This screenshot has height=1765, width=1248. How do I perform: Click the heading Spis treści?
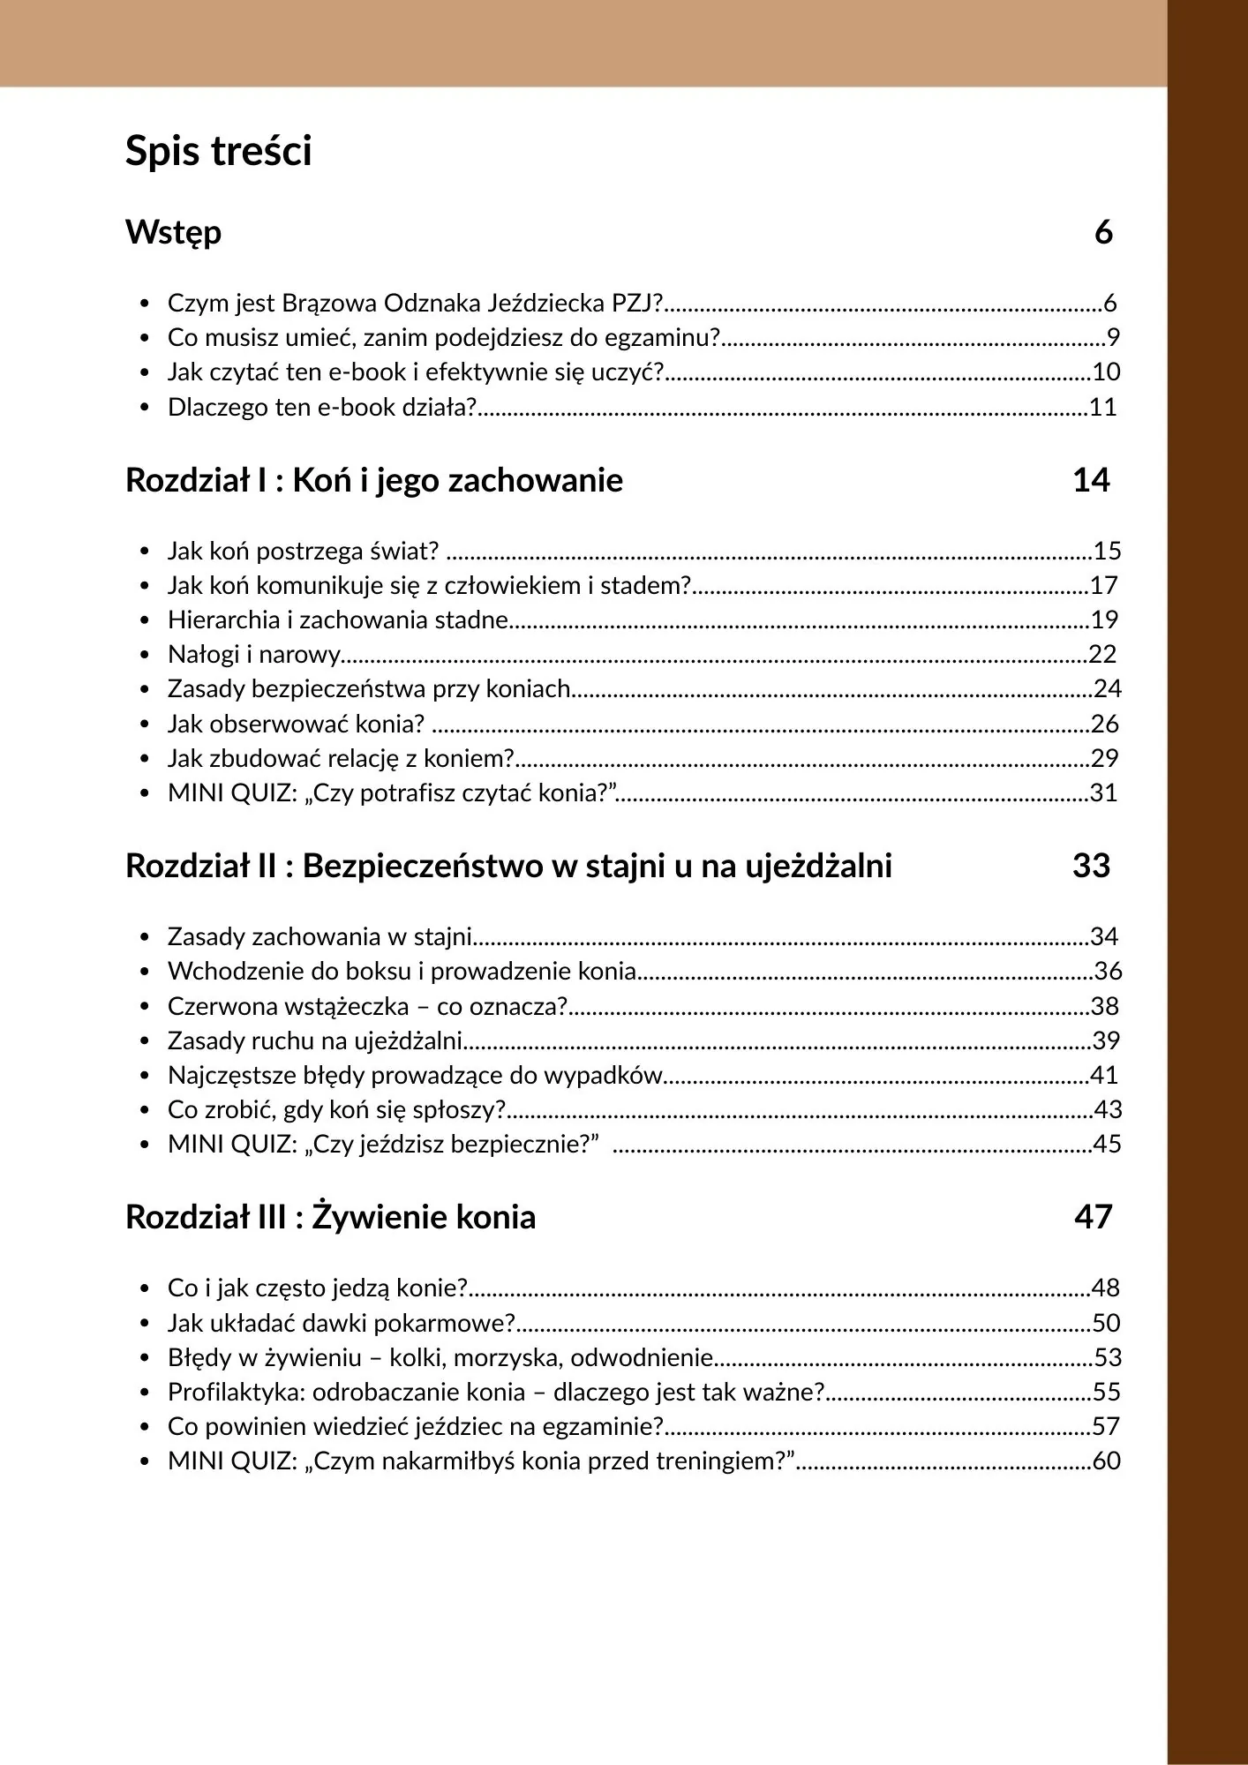pos(218,151)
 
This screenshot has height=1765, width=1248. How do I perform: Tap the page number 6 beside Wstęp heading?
pos(1103,232)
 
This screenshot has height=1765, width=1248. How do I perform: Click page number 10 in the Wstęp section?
pos(1106,372)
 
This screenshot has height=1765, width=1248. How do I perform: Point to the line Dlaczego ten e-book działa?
pos(322,407)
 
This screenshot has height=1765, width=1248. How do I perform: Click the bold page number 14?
pos(1091,480)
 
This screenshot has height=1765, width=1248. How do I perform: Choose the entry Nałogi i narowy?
pos(254,654)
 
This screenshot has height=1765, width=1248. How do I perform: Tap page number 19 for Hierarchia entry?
pos(1104,620)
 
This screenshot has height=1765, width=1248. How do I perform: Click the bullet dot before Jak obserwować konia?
pos(145,725)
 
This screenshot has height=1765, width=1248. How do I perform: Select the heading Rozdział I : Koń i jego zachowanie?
pos(374,480)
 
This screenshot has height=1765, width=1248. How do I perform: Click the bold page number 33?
pos(1091,866)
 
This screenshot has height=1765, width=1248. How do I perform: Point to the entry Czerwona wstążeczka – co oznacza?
pos(367,1006)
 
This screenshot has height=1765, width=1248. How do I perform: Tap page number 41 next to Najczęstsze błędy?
pos(1104,1075)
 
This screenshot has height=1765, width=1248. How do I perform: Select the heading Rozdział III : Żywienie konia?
pos(331,1217)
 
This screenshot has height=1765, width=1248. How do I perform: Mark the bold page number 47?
pos(1093,1217)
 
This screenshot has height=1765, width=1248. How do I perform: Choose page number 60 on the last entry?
pos(1106,1461)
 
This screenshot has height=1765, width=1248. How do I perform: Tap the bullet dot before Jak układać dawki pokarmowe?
pos(145,1324)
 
